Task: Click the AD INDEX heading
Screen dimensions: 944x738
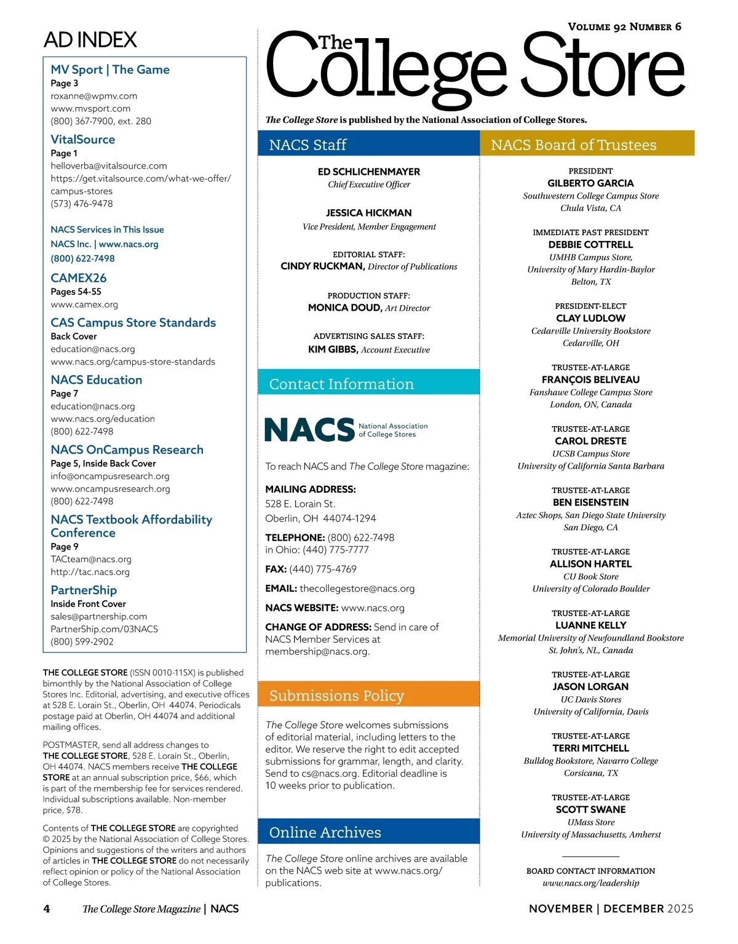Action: point(90,40)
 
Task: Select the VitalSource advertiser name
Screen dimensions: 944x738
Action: point(83,140)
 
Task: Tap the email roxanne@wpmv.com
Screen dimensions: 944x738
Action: point(94,96)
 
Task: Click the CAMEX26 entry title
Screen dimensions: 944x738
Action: point(79,278)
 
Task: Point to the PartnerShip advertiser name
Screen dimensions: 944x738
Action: point(84,590)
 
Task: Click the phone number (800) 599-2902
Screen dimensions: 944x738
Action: point(82,641)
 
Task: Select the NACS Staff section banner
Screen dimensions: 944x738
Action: point(368,145)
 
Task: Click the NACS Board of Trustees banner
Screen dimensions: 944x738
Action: point(587,145)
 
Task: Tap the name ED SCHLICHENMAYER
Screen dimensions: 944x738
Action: point(369,172)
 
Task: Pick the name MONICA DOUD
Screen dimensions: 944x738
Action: point(344,307)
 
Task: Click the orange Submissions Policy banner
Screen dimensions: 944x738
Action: point(368,696)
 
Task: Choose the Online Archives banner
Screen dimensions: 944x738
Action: point(368,832)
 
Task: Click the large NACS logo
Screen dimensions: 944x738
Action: point(309,430)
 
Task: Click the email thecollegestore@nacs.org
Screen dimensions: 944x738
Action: point(357,589)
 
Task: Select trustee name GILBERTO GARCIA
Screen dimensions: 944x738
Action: point(590,183)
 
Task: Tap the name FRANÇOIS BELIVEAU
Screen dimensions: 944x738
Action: point(590,380)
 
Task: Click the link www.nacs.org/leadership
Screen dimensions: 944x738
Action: point(590,883)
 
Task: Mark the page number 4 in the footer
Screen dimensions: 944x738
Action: point(47,909)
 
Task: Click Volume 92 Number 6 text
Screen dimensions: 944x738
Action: point(624,27)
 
